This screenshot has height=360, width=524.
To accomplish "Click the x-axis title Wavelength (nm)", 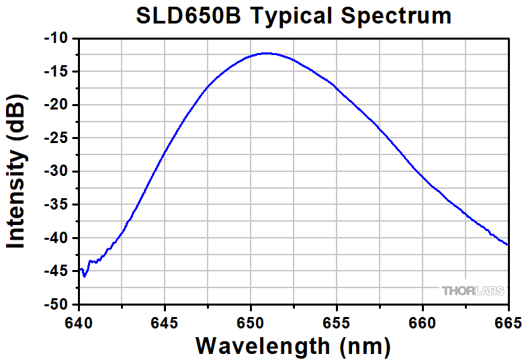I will click(x=293, y=346).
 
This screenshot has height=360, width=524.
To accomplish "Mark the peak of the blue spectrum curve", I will click(x=267, y=53).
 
